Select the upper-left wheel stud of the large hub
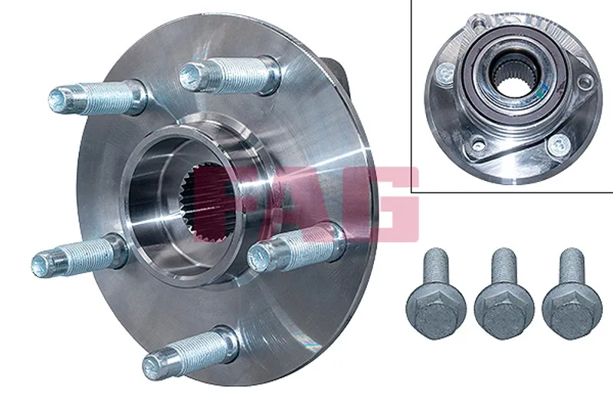click(x=98, y=98)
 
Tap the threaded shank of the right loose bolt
click(x=572, y=267)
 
